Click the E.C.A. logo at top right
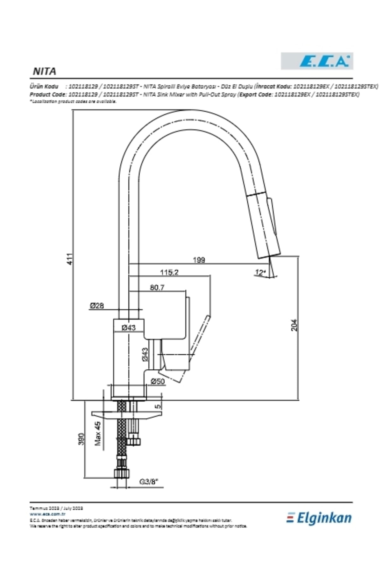(317, 61)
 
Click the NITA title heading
(45, 71)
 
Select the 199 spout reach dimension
(199, 260)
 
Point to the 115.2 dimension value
(169, 272)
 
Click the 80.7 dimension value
(157, 287)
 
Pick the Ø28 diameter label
(96, 306)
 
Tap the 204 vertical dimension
(294, 325)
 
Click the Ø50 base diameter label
(158, 381)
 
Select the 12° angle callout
(260, 272)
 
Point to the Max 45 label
(98, 434)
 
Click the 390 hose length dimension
(82, 439)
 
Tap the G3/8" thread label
(149, 482)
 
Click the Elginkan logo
(319, 518)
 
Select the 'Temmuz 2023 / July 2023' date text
(56, 508)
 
